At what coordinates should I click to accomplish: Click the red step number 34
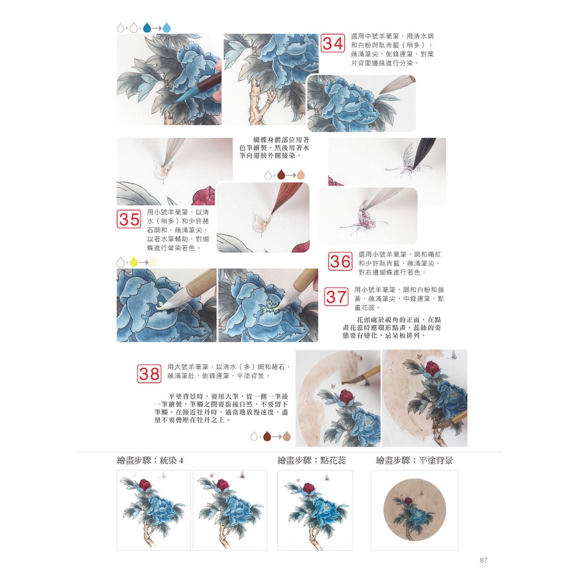point(332,43)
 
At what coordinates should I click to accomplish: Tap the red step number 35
point(129,220)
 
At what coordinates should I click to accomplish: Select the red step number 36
point(340,261)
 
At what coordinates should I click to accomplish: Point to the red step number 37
point(336,297)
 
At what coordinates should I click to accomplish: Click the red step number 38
point(149,374)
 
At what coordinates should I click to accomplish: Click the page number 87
point(484,561)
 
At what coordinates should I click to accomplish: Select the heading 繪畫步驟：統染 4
point(150,461)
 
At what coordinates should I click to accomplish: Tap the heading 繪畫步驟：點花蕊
point(312,461)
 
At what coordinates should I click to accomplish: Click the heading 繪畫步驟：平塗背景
point(414,461)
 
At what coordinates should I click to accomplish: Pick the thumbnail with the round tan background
point(414,510)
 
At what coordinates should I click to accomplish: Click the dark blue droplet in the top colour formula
point(147,28)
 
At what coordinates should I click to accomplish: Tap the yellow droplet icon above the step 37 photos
point(133,262)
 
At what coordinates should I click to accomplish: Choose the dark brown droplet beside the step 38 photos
point(267,437)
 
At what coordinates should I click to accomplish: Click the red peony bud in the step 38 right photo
point(432,369)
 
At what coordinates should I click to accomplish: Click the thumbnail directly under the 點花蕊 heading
point(315,510)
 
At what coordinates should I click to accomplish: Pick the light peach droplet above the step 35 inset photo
point(301,174)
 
